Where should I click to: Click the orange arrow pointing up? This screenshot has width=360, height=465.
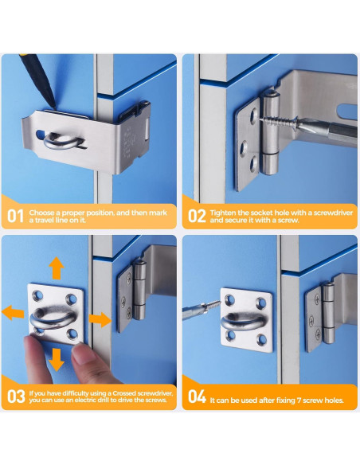56,267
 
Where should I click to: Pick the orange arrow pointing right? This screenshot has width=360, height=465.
100,318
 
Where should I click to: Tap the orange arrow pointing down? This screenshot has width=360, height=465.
56,361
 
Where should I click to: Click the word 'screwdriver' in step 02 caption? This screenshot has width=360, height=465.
323,211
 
